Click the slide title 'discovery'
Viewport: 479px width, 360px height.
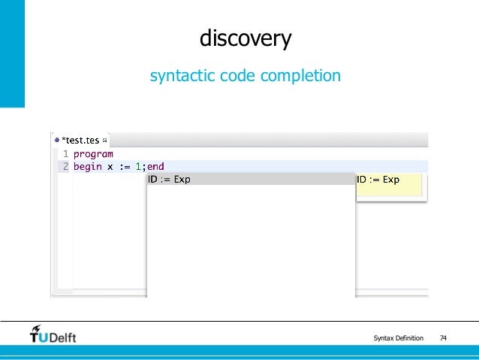point(245,38)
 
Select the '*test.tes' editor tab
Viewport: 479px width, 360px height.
point(80,140)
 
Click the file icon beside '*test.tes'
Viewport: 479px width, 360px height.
point(56,140)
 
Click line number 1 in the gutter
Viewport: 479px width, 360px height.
point(65,154)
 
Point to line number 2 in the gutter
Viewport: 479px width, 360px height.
point(65,167)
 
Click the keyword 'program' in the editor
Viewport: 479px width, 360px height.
point(93,154)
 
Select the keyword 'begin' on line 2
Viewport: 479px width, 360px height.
point(87,167)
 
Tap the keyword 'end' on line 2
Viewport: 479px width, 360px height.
point(155,167)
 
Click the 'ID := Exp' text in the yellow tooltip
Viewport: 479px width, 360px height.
point(378,180)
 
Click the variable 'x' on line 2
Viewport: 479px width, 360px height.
point(110,167)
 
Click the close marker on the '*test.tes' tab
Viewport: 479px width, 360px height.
point(104,140)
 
